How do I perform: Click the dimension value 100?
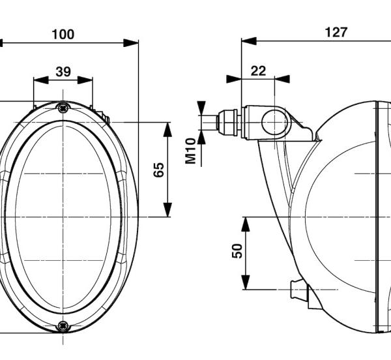(63, 35)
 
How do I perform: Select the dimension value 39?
(63, 72)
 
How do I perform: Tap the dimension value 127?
(336, 33)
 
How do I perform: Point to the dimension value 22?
(258, 71)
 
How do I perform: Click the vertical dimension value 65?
(159, 170)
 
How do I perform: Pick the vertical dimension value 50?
(237, 250)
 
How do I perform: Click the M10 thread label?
(191, 151)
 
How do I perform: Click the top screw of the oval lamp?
(63, 108)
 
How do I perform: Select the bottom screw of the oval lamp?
(63, 326)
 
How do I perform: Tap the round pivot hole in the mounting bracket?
(274, 123)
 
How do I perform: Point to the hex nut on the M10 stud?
(227, 123)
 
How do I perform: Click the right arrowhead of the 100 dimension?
(131, 42)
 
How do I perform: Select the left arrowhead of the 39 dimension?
(41, 80)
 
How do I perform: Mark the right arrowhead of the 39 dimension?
(85, 80)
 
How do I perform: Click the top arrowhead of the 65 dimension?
(167, 130)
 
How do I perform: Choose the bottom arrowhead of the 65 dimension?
(167, 210)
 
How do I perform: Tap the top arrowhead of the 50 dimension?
(246, 224)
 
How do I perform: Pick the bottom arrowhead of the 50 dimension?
(246, 282)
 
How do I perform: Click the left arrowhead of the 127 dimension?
(249, 41)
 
